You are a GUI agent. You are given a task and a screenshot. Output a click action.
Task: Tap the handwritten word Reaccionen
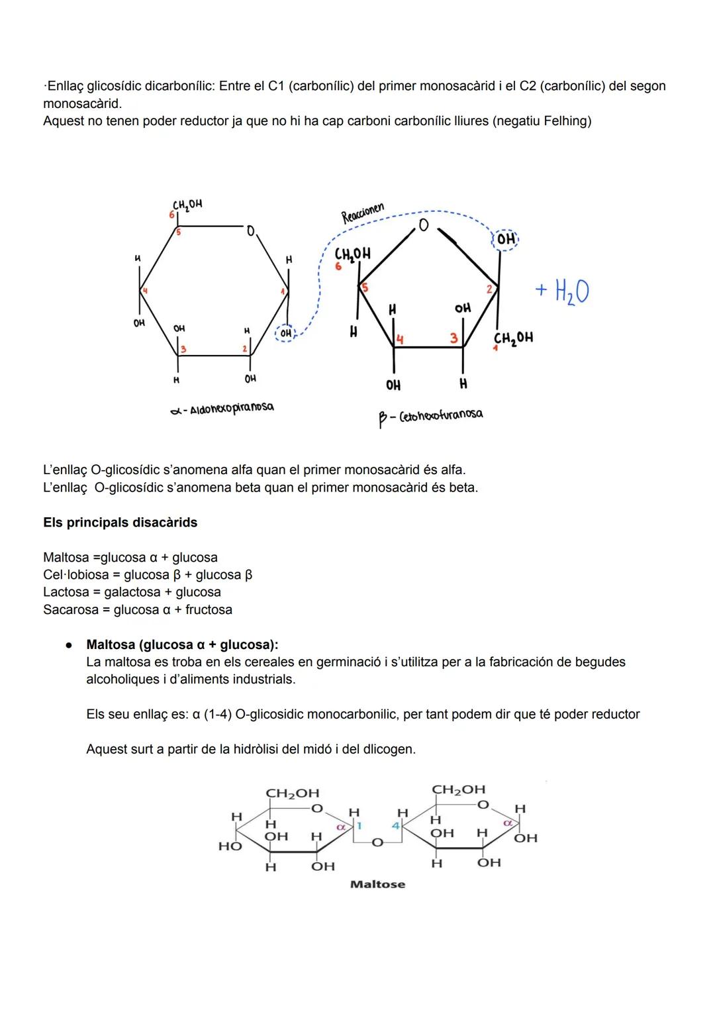click(x=362, y=213)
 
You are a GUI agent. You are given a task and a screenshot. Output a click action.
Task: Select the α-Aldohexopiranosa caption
click(x=222, y=409)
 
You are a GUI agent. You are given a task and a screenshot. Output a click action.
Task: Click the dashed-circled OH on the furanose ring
click(x=506, y=239)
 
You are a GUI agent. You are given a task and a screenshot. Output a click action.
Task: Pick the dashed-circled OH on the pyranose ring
click(x=285, y=333)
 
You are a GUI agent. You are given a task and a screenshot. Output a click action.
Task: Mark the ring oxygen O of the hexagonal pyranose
click(x=250, y=231)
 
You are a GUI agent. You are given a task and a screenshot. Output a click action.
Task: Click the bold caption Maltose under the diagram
click(x=377, y=884)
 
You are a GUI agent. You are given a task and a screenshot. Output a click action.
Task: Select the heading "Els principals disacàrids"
click(x=120, y=523)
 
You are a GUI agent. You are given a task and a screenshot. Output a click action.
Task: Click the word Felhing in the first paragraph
click(x=565, y=121)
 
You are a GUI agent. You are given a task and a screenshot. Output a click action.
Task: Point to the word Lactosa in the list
click(x=66, y=592)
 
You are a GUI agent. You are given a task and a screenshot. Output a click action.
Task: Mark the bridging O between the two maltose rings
click(x=377, y=842)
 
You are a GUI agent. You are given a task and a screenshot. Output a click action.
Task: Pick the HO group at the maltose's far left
click(x=230, y=846)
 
